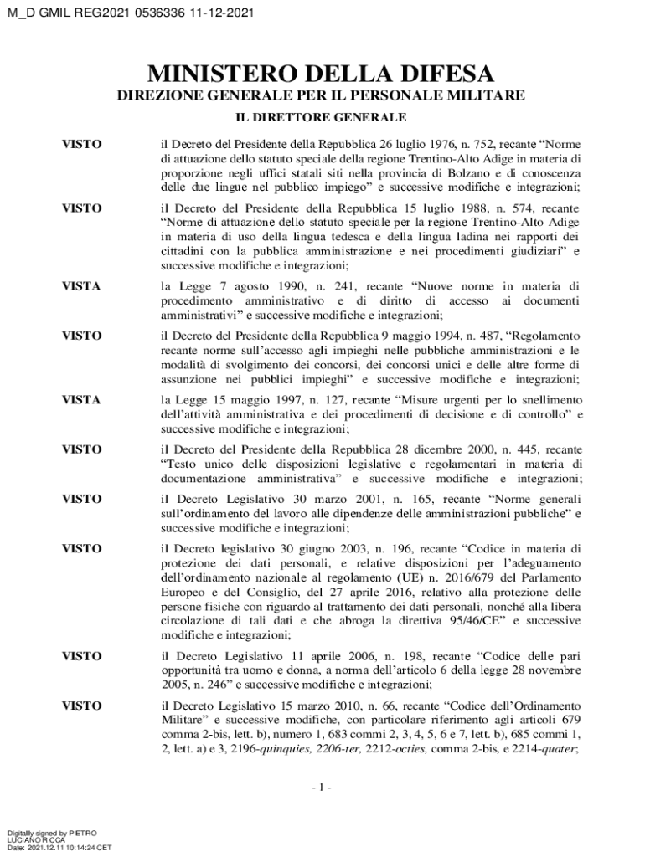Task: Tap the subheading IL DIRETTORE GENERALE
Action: [x=320, y=116]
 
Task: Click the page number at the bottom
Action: [x=321, y=788]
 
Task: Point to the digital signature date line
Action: [x=59, y=847]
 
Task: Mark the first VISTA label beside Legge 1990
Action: [x=82, y=287]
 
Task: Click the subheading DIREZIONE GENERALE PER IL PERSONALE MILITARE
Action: [x=320, y=95]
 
